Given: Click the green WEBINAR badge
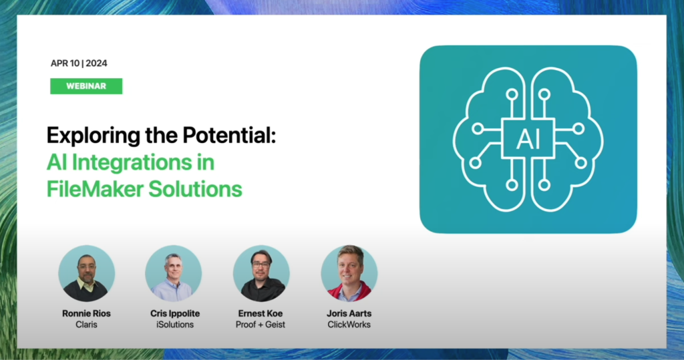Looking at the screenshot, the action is pos(86,86).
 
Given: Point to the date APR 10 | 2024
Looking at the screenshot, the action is pos(79,63).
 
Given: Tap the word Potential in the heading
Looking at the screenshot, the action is pos(229,136).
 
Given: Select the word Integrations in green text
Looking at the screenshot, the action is pos(132,163).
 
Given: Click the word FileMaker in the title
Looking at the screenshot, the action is pos(95,189).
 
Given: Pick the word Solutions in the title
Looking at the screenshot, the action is pos(196,189).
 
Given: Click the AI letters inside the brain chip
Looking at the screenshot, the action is pos(528,139).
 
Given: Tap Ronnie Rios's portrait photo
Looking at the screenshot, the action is pos(86,273).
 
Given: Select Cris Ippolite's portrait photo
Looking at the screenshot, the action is pos(174,273).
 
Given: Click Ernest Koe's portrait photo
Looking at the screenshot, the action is pos(261,273).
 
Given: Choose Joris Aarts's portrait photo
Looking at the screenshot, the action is pos(349,273).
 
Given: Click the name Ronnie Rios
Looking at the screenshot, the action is pos(86,313).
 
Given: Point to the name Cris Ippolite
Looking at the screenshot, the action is pos(175,313).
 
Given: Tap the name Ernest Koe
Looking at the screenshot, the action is pos(261,313).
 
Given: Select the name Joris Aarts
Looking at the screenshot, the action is pos(349,313).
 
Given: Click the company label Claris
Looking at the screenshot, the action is pos(86,325).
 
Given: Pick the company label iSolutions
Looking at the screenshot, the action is pos(175,325).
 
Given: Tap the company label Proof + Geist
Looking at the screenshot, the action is pos(261,325).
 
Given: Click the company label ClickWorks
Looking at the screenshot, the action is pos(349,325).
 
